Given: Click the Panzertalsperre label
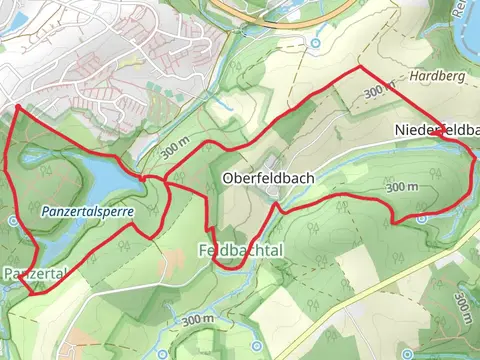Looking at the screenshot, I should (x=88, y=213).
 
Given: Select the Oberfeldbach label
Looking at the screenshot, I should (x=267, y=179).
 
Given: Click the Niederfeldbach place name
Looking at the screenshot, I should (x=436, y=131).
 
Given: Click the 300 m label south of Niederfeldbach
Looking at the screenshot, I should (x=401, y=187).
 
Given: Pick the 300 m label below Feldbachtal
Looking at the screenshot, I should (x=198, y=320).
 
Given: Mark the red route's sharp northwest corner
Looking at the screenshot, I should (x=19, y=106).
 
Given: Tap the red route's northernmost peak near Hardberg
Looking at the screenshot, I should (x=358, y=68).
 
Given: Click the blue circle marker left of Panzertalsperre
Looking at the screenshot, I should (x=11, y=219).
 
